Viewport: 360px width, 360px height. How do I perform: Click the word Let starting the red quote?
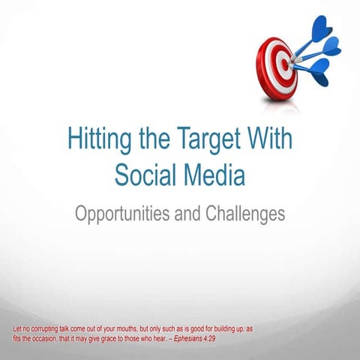coord(19,329)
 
